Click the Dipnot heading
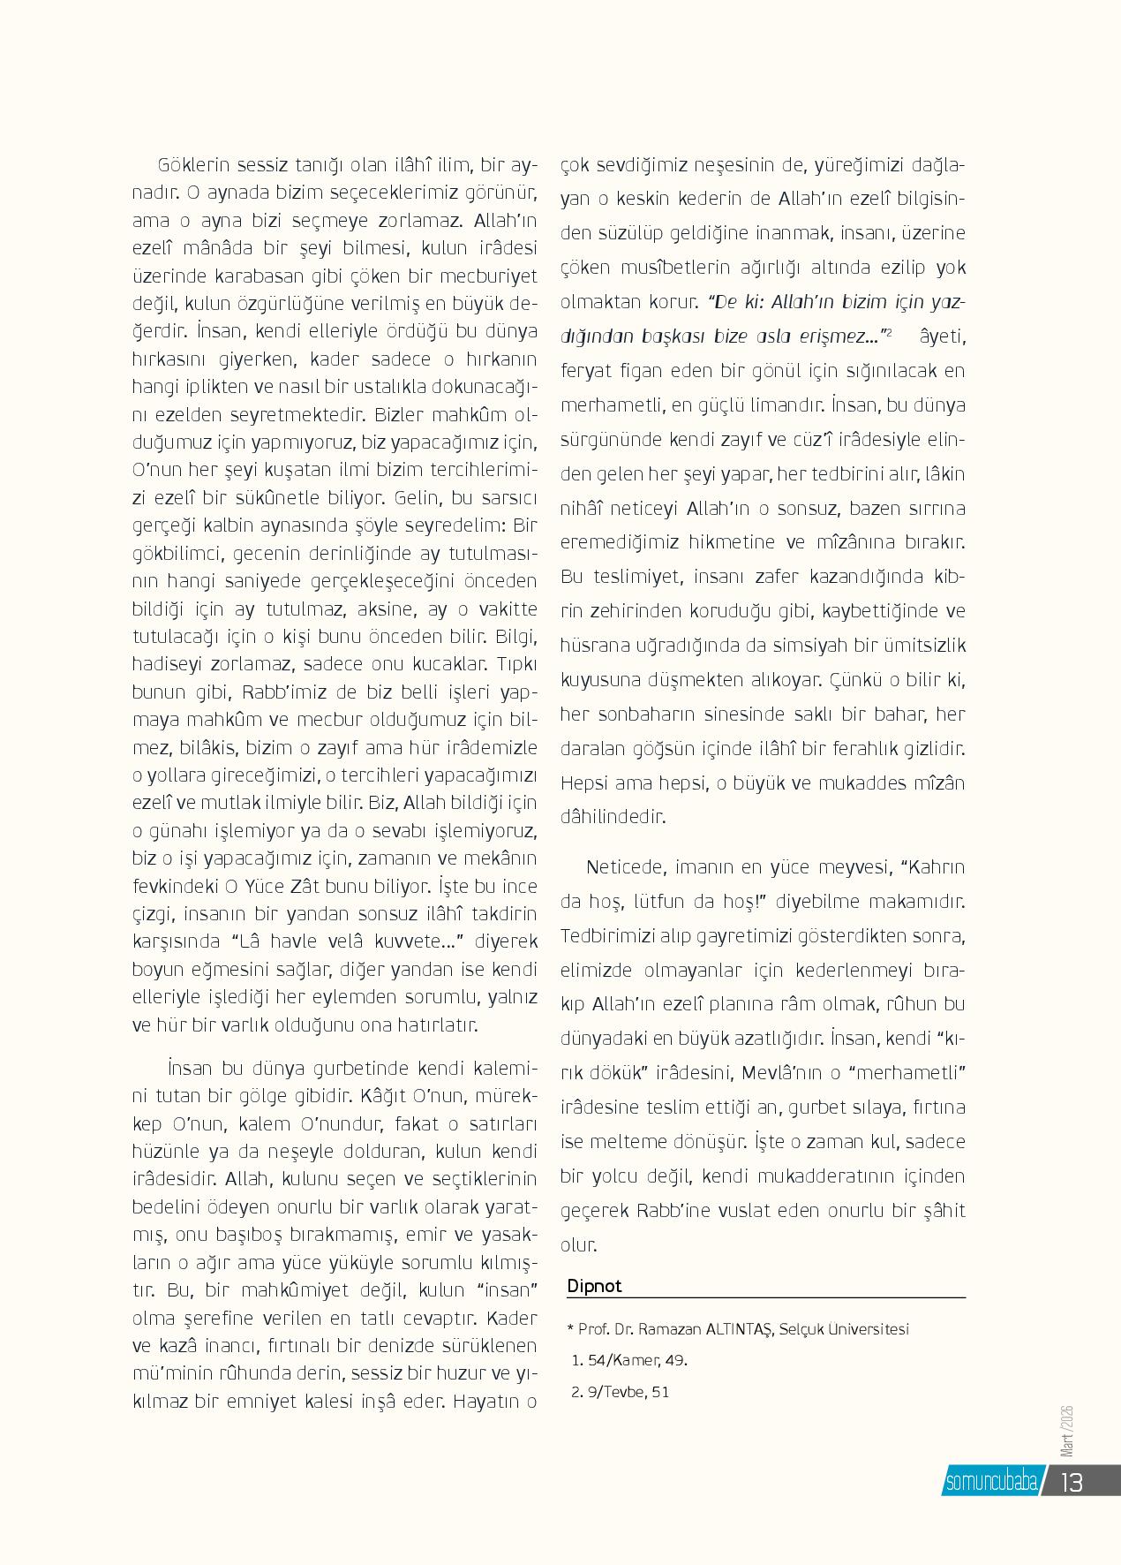pos(594,1285)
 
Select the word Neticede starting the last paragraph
pos(624,866)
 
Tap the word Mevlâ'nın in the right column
pos(779,1072)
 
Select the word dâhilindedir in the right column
pos(613,816)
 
